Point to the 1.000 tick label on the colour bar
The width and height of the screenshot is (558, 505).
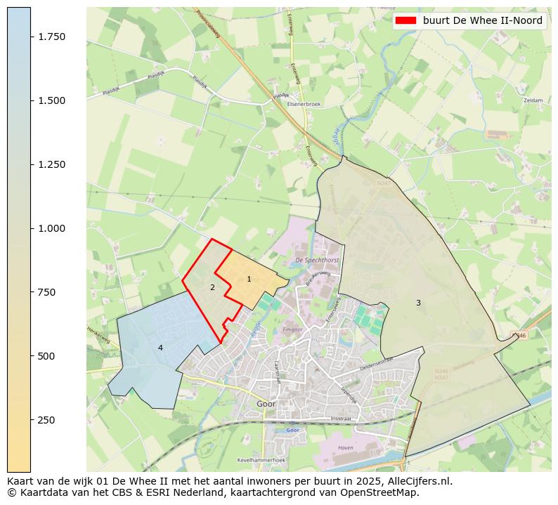51,228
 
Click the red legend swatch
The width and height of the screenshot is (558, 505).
406,21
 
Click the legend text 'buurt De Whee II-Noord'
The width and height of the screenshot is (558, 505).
482,21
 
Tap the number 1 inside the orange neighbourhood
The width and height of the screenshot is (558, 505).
249,280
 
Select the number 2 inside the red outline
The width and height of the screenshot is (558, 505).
212,287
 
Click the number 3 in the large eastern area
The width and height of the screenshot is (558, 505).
418,303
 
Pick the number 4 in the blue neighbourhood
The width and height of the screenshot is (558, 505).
160,348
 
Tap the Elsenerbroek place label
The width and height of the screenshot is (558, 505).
304,104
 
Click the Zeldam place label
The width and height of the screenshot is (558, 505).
533,100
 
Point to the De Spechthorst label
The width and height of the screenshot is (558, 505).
318,260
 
